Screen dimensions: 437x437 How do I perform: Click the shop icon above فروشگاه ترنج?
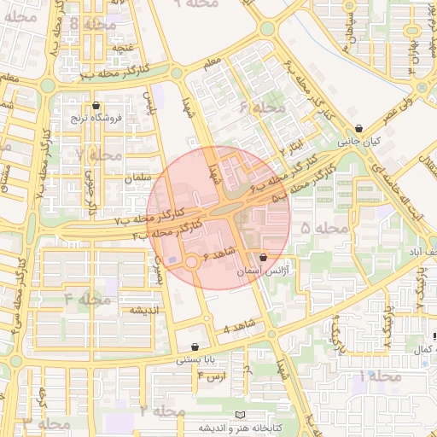95,105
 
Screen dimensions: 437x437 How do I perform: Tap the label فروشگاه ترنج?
96,117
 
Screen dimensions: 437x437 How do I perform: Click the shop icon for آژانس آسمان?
262,257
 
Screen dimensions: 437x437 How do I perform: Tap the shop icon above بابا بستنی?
197,347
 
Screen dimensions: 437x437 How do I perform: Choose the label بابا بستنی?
197,360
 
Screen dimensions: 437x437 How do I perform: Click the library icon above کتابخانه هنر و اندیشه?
241,414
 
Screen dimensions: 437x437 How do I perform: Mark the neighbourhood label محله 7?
98,155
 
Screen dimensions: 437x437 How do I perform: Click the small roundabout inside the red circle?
193,263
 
